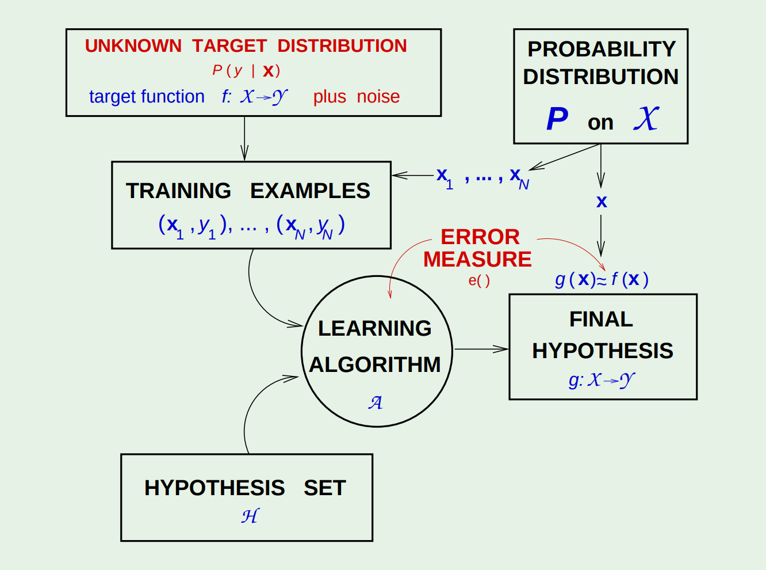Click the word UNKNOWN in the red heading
point(133,46)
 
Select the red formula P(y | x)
point(246,71)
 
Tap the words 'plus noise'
point(356,97)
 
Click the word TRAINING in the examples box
point(178,191)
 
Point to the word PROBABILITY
point(602,50)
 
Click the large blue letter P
point(557,120)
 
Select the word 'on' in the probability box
point(600,123)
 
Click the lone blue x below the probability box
point(602,202)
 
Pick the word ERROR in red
point(480,237)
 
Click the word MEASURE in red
point(477,260)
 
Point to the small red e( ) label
point(479,281)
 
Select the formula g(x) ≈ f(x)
point(602,280)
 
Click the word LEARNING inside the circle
point(374,328)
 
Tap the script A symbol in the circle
point(376,402)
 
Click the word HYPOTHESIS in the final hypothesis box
point(602,351)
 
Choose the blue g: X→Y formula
point(602,380)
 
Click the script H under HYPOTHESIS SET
point(250,516)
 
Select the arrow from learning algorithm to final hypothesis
point(481,349)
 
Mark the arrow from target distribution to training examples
point(244,139)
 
